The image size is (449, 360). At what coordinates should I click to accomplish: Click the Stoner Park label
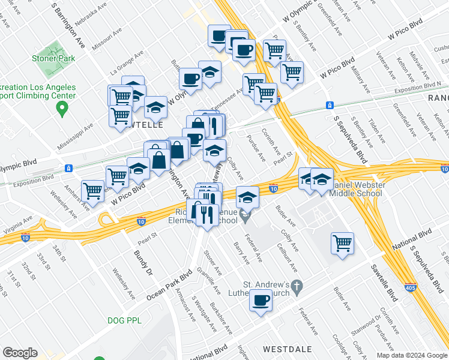coord(54,59)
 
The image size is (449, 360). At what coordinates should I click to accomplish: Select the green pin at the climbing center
coord(61,109)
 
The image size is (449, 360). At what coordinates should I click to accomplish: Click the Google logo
coord(20,352)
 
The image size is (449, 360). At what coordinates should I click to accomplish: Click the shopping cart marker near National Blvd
coord(342,244)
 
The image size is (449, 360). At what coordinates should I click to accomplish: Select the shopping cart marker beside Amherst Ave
coord(93,191)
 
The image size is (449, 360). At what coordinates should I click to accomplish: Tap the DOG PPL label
coord(125,320)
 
